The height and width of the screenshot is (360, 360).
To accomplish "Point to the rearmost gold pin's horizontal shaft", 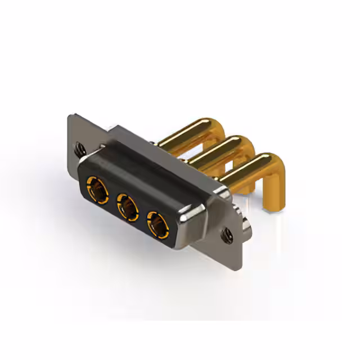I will click(186, 132).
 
